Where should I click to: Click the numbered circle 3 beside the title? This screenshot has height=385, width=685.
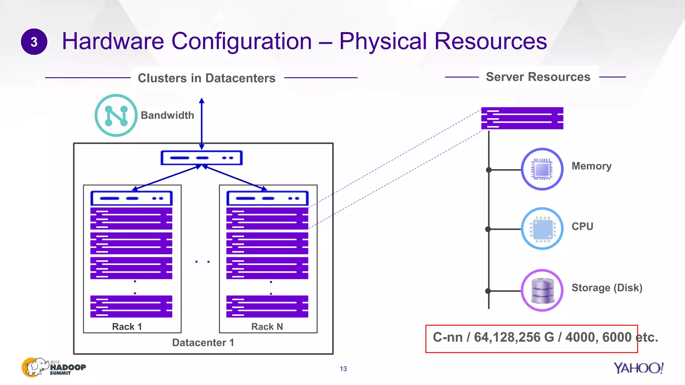34,42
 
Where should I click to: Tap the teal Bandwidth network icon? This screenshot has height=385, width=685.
116,115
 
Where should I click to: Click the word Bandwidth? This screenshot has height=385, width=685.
167,115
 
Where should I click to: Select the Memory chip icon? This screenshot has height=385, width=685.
542,169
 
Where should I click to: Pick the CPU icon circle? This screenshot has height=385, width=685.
542,229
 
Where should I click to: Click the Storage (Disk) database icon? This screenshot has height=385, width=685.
542,290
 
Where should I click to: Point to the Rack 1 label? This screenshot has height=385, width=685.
127,327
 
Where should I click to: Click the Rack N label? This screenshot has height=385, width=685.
267,327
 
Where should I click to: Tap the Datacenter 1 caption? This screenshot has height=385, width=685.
203,343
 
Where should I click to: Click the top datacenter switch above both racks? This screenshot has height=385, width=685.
201,158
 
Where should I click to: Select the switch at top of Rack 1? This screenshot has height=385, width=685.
131,198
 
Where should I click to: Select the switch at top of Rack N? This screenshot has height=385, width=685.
267,198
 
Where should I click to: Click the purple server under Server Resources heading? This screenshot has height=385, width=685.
522,118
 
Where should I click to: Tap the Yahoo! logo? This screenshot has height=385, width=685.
638,368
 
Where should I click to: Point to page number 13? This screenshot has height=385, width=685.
343,369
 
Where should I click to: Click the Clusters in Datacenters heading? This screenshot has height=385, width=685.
207,78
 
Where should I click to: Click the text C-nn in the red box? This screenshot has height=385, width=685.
448,337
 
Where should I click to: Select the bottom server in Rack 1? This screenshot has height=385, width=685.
131,306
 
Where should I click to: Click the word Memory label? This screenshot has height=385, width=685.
591,166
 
